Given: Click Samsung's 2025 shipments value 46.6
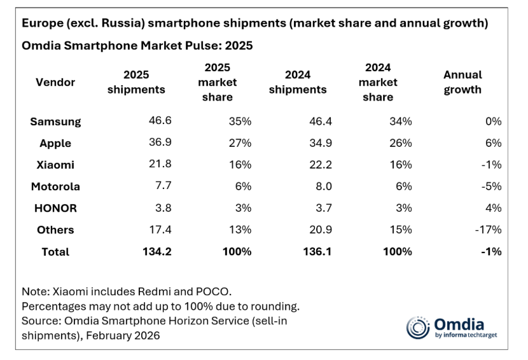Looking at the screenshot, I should pyautogui.click(x=160, y=121).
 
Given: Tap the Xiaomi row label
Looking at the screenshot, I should pyautogui.click(x=55, y=165).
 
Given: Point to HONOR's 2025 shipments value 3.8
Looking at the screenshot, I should pyautogui.click(x=162, y=208).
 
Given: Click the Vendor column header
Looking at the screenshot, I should pyautogui.click(x=55, y=82).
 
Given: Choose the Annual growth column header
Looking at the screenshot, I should pyautogui.click(x=462, y=82).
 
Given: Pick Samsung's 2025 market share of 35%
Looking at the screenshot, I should pyautogui.click(x=240, y=121).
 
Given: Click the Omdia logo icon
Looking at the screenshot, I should pyautogui.click(x=418, y=328).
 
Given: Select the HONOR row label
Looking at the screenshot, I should pyautogui.click(x=55, y=208).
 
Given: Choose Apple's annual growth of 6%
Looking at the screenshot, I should pyautogui.click(x=493, y=143).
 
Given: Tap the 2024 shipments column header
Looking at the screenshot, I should pyautogui.click(x=298, y=82).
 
